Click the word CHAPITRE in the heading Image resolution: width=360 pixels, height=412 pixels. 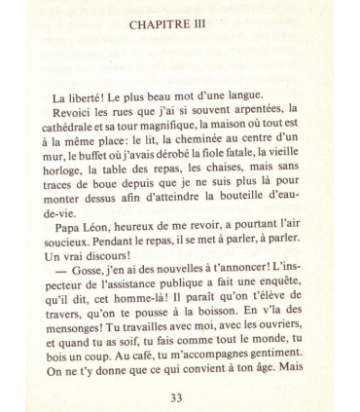[x=162, y=27]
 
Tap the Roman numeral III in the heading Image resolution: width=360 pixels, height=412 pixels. [x=205, y=27]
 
